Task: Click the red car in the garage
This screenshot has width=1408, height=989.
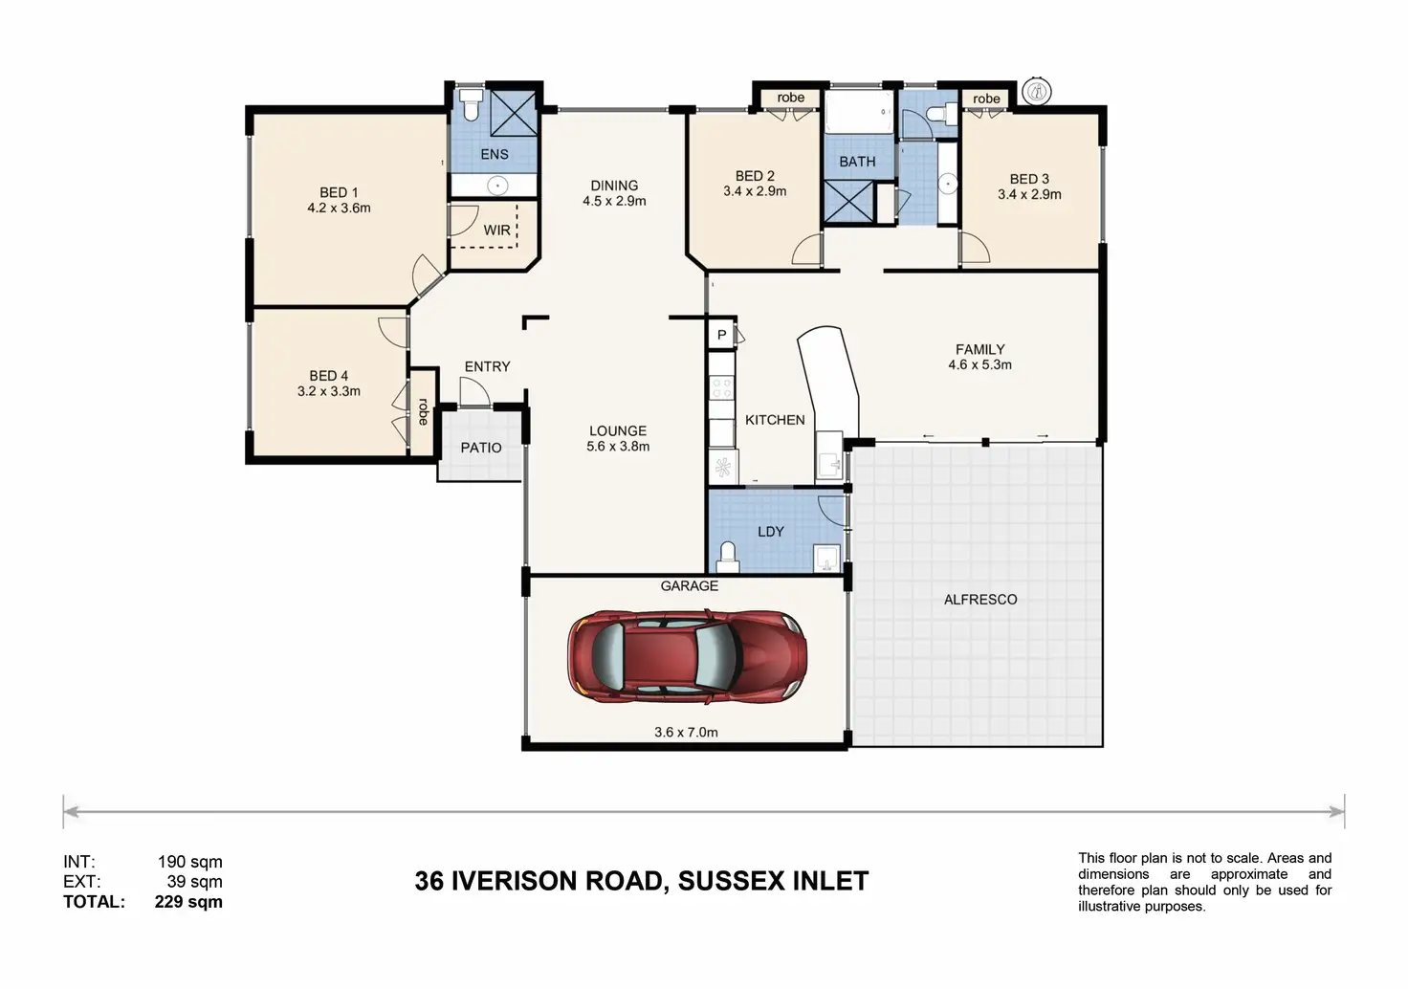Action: pos(687,656)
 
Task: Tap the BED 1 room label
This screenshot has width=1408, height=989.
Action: pos(339,192)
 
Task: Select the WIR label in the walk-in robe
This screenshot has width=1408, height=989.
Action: pos(496,231)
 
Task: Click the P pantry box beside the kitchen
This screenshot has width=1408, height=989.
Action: pos(721,335)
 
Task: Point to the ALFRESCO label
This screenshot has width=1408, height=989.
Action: pos(980,599)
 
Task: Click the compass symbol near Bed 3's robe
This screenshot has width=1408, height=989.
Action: pos(1037,92)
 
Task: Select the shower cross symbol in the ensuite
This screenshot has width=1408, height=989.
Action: pos(513,113)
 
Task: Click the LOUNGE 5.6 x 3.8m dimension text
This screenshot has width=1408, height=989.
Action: pos(618,447)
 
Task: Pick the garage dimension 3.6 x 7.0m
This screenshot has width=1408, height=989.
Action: pos(686,732)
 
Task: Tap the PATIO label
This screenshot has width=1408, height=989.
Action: pos(481,448)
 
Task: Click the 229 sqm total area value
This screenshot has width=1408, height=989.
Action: pos(188,902)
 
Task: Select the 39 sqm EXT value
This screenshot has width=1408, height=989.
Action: pos(194,882)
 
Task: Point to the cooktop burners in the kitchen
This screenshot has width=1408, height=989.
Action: pos(721,387)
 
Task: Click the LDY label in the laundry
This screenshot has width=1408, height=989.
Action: pos(771,532)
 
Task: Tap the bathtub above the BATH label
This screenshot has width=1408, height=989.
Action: pos(859,111)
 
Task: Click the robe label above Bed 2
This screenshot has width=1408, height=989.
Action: pos(790,98)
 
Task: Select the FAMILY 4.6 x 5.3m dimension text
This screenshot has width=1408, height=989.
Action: pos(979,364)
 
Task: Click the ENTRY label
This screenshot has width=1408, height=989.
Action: pos(487,366)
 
